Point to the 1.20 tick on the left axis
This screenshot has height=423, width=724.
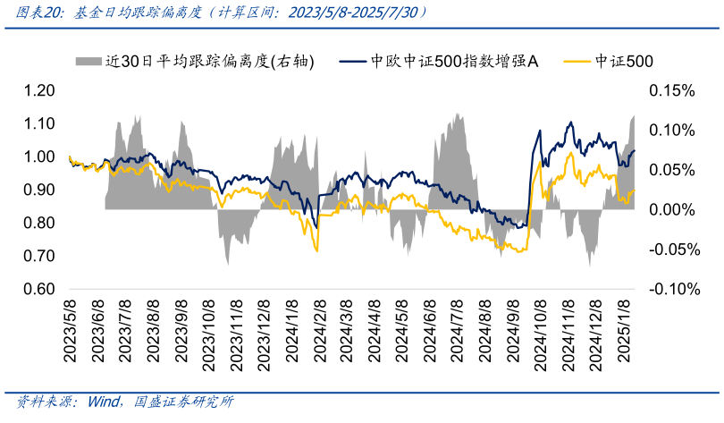[x=38, y=91]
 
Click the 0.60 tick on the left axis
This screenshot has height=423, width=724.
[x=38, y=290]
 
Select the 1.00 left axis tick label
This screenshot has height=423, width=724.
[x=38, y=157]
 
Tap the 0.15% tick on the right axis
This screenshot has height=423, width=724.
[x=669, y=91]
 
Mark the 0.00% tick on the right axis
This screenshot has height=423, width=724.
[x=669, y=210]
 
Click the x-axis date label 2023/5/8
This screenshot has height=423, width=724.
[x=70, y=332]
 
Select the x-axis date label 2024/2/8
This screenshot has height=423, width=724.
[x=320, y=332]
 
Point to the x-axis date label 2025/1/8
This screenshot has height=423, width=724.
[x=626, y=332]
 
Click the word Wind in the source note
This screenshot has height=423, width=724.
[x=103, y=402]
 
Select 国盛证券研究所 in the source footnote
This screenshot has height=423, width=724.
[x=184, y=402]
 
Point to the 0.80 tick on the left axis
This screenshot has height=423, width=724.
[x=38, y=224]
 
